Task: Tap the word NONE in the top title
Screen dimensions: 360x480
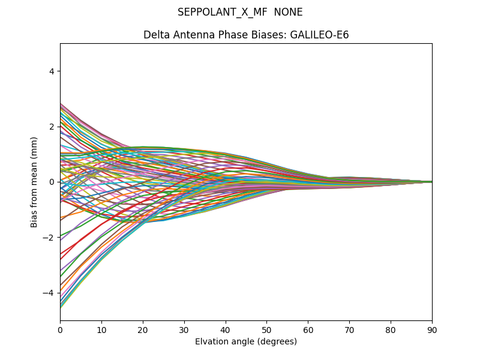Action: tap(288, 12)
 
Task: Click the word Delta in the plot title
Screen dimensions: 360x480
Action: tap(157, 35)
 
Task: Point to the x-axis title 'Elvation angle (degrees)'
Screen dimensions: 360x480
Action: tap(246, 341)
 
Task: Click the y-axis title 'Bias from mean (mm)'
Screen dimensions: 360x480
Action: tap(35, 182)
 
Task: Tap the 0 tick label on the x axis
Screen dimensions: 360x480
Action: tap(60, 329)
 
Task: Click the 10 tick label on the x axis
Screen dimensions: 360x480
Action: tap(101, 329)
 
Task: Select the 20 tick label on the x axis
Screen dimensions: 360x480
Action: tap(143, 329)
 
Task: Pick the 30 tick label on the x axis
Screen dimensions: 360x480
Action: tap(184, 329)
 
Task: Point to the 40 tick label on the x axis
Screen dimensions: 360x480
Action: tap(226, 329)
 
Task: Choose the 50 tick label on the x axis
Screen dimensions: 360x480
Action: tap(266, 329)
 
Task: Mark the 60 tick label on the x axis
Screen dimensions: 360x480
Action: tap(308, 329)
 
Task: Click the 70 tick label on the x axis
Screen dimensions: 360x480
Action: tap(349, 329)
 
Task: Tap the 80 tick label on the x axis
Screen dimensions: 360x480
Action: tap(391, 329)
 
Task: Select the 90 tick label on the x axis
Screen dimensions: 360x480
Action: tap(432, 329)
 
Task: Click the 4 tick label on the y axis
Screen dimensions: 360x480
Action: tap(52, 71)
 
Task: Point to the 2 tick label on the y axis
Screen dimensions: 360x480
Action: tap(52, 127)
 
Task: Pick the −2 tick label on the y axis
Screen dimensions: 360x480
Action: tap(50, 238)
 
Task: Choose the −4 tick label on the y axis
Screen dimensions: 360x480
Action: tap(50, 293)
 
